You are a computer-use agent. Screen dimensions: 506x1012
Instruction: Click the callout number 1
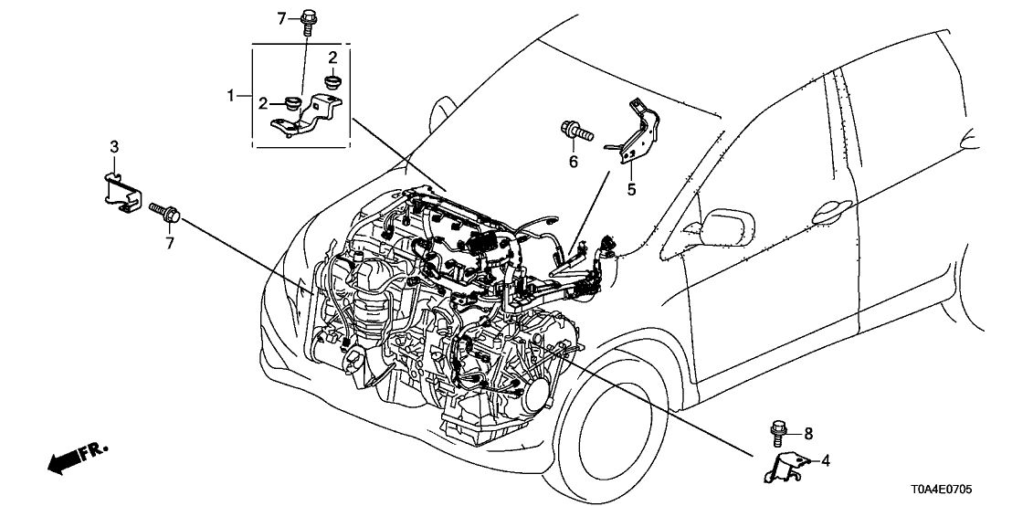[x=232, y=94]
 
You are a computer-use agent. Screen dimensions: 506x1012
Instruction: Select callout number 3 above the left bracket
[x=114, y=146]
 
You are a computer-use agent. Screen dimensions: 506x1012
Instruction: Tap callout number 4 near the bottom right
[x=825, y=461]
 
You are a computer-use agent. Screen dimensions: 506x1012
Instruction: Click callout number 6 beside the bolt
[x=574, y=162]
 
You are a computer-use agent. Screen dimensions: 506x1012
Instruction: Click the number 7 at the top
[x=282, y=17]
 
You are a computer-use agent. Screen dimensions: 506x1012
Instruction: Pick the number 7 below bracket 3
[x=168, y=240]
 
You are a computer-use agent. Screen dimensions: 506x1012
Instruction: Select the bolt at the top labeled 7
[x=309, y=19]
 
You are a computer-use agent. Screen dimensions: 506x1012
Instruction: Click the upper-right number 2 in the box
[x=333, y=57]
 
